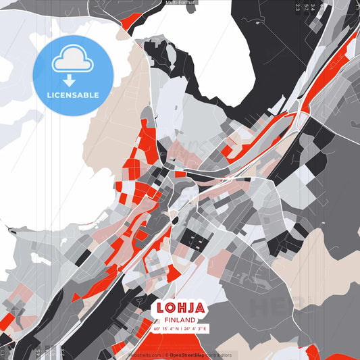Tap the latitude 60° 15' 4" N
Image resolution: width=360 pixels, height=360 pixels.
pyautogui.click(x=164, y=329)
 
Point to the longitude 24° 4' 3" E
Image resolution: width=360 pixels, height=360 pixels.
pyautogui.click(x=195, y=329)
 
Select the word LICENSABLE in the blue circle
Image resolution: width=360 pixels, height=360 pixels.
pyautogui.click(x=72, y=95)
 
